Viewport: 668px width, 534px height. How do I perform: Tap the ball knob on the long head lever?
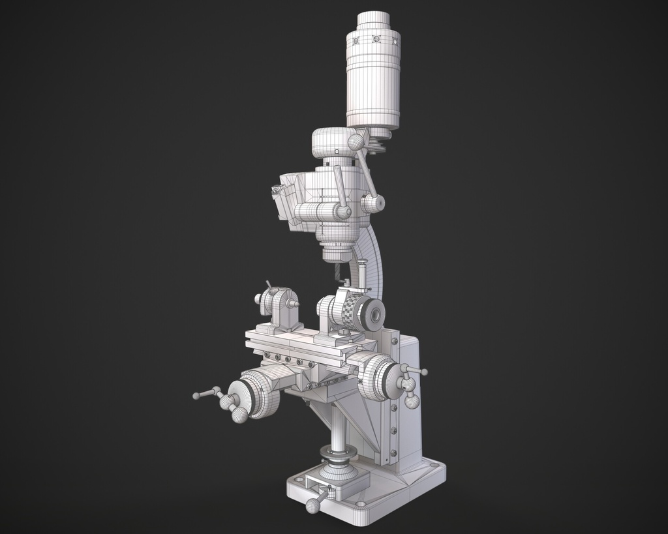(356, 142)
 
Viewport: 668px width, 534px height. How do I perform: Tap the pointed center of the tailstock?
(296, 303)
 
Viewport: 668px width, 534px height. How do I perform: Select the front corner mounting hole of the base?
(361, 504)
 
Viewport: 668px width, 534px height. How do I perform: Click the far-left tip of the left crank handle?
(196, 396)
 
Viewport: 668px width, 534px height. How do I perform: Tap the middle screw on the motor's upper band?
(376, 39)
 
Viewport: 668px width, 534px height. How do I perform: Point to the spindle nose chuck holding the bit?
(337, 251)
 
